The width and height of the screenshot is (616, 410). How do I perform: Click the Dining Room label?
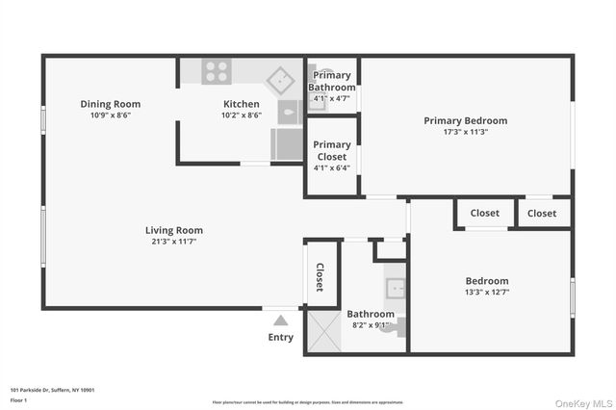coord(110,104)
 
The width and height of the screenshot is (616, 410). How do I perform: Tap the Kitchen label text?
coord(241,104)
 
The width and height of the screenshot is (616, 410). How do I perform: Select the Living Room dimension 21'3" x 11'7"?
coord(174,242)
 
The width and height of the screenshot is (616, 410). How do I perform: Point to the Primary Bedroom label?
coord(465,120)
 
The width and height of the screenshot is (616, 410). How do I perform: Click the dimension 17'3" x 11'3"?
coord(465,132)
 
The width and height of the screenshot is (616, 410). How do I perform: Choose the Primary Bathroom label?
coord(332,82)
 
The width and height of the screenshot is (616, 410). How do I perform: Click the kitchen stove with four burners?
coord(216,71)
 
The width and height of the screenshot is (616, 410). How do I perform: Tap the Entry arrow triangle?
coord(280,320)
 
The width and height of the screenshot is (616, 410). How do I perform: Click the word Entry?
coord(280,337)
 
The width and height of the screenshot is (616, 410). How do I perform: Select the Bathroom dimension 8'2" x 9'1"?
coord(371,325)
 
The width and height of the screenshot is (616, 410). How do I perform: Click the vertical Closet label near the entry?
coord(321,277)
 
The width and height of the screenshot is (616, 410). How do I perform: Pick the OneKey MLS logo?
coord(581,401)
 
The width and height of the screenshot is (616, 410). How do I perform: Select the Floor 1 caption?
coord(18,399)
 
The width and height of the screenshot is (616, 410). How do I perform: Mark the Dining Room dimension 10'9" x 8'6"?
coord(110,115)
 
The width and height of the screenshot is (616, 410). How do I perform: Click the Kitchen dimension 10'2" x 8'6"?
coord(241,115)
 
